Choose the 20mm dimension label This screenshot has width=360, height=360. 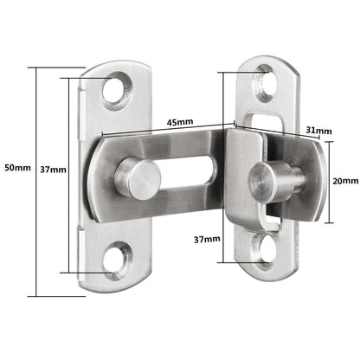tap(345, 181)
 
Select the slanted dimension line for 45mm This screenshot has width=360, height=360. tap(164, 131)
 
